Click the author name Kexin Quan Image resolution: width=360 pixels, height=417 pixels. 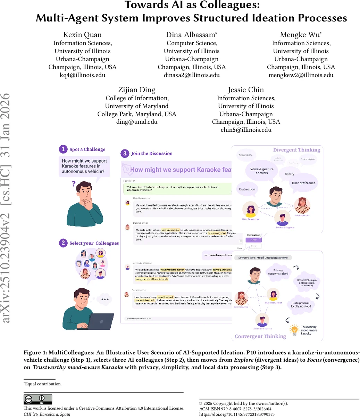pos(82,34)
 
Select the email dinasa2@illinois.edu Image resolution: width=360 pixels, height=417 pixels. pos(192,75)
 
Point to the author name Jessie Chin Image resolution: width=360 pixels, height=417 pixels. pos(246,90)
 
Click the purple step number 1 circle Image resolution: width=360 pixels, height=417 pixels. pos(63,149)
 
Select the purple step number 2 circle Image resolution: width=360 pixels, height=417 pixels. pos(63,243)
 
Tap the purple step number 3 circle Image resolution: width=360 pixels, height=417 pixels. pos(125,153)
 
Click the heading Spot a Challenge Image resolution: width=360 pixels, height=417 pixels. pos(87,149)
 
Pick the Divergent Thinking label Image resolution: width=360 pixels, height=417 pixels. pos(296,150)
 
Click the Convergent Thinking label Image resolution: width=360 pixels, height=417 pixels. pos(260,336)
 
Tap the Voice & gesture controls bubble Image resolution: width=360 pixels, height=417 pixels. pos(262,171)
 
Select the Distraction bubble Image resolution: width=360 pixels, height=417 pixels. pos(247,189)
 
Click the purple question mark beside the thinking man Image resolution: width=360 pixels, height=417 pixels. pos(74,183)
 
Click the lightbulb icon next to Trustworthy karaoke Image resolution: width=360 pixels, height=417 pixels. pos(294,329)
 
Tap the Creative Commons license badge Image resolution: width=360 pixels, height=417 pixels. pos(38,399)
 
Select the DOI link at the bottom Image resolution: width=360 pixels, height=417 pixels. pos(237,414)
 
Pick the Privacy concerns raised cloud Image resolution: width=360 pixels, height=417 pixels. pos(278,272)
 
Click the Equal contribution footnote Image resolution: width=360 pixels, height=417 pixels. pos(43,384)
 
